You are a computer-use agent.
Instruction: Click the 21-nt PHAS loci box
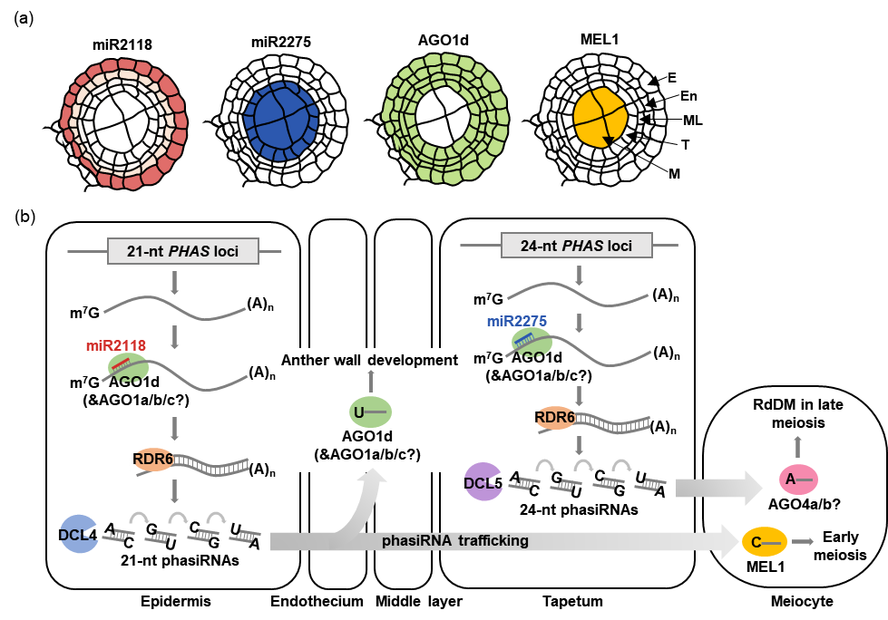point(183,251)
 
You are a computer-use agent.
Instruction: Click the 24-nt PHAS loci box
point(577,245)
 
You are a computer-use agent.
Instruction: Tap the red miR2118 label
point(116,345)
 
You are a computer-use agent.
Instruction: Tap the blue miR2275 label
point(517,321)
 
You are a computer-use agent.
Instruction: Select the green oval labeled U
point(369,412)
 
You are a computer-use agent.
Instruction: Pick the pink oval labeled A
point(798,480)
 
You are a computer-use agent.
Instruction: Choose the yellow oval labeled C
point(764,542)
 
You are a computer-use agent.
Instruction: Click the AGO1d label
point(367,436)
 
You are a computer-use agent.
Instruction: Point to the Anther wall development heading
point(367,360)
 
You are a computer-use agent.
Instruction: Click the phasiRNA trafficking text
point(454,541)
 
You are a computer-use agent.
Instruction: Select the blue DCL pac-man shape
point(79,534)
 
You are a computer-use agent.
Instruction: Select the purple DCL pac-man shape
point(483,481)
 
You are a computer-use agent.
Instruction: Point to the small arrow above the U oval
point(369,382)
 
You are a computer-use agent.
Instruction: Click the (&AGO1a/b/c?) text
point(367,454)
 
